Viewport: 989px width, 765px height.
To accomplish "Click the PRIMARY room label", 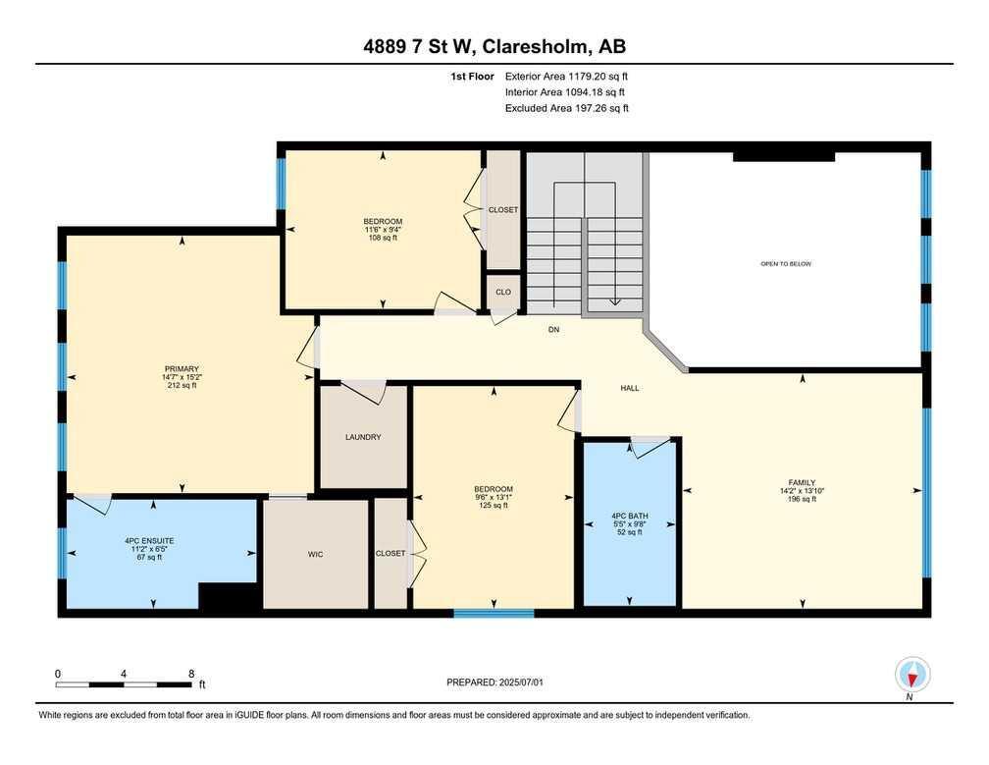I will (x=182, y=369).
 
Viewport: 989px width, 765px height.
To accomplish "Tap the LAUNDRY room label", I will (x=363, y=437).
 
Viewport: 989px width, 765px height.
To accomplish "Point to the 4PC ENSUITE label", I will (x=149, y=540).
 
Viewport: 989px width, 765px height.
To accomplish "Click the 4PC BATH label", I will (x=630, y=516).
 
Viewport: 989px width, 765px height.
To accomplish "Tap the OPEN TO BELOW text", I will (x=786, y=263).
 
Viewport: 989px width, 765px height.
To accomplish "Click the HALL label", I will (x=630, y=388).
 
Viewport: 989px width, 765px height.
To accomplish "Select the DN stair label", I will (x=553, y=330).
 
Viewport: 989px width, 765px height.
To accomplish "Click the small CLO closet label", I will (x=502, y=292).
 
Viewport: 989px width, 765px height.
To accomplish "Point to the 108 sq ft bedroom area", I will (x=383, y=238).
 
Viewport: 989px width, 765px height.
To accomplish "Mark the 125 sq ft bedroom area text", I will (x=494, y=506).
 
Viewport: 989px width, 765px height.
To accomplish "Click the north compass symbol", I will (x=912, y=675).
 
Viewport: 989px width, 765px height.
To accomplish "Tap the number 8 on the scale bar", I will (x=191, y=674).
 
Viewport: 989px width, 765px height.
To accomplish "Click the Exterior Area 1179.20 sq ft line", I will (x=566, y=76).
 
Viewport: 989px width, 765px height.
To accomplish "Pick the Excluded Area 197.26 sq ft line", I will (x=566, y=108).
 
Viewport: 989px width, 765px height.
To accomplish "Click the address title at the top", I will (x=494, y=46).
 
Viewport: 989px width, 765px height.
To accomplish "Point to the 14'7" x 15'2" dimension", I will (x=182, y=377).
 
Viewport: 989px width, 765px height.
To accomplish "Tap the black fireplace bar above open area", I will (x=783, y=155).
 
